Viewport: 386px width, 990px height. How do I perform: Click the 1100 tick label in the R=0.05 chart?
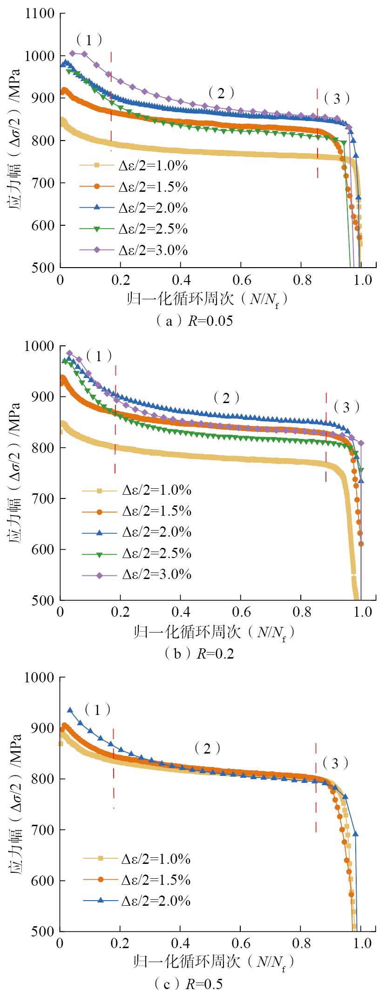40,13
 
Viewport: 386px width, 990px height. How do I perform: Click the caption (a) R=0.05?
194,321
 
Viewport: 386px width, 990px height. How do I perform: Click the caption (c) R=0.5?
189,983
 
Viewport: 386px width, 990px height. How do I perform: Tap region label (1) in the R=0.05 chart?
89,40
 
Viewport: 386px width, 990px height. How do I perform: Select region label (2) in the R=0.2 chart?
226,398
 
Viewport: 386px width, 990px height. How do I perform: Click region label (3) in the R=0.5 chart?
335,763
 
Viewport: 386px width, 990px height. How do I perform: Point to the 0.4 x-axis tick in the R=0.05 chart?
181,280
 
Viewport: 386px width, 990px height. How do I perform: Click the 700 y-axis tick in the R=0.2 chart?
43,498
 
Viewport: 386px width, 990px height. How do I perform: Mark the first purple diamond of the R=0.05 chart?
72,53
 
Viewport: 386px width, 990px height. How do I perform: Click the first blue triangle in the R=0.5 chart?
70,710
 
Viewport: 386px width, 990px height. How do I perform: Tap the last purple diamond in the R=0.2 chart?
361,443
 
